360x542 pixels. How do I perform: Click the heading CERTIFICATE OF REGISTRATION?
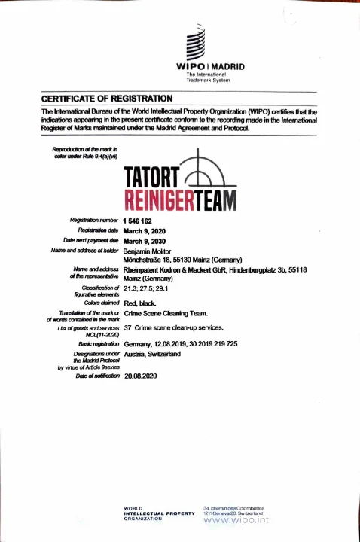108,99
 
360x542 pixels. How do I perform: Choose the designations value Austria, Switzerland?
151,354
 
